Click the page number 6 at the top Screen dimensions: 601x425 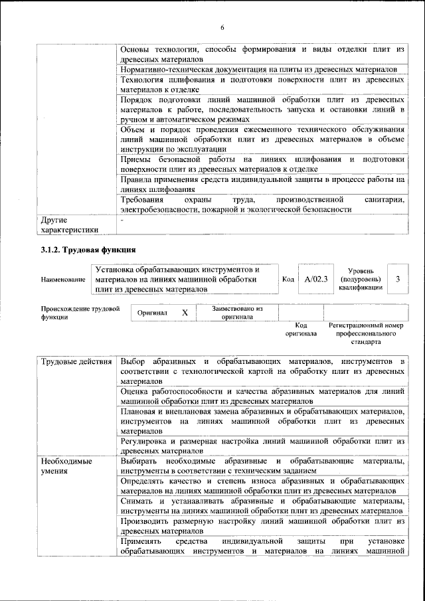click(222, 27)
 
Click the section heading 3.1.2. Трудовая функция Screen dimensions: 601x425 click(88, 250)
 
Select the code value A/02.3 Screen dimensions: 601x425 click(316, 280)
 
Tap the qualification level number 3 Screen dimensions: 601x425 click(397, 280)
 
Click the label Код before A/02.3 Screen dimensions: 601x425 click(288, 280)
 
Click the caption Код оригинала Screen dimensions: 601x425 click(300, 329)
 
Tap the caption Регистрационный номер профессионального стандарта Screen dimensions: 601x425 click(366, 334)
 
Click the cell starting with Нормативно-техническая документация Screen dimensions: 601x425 click(259, 70)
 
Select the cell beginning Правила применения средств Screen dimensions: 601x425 click(262, 185)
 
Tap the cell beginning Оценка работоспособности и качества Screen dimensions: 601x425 click(262, 396)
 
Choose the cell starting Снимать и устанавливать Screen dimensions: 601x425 click(262, 505)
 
